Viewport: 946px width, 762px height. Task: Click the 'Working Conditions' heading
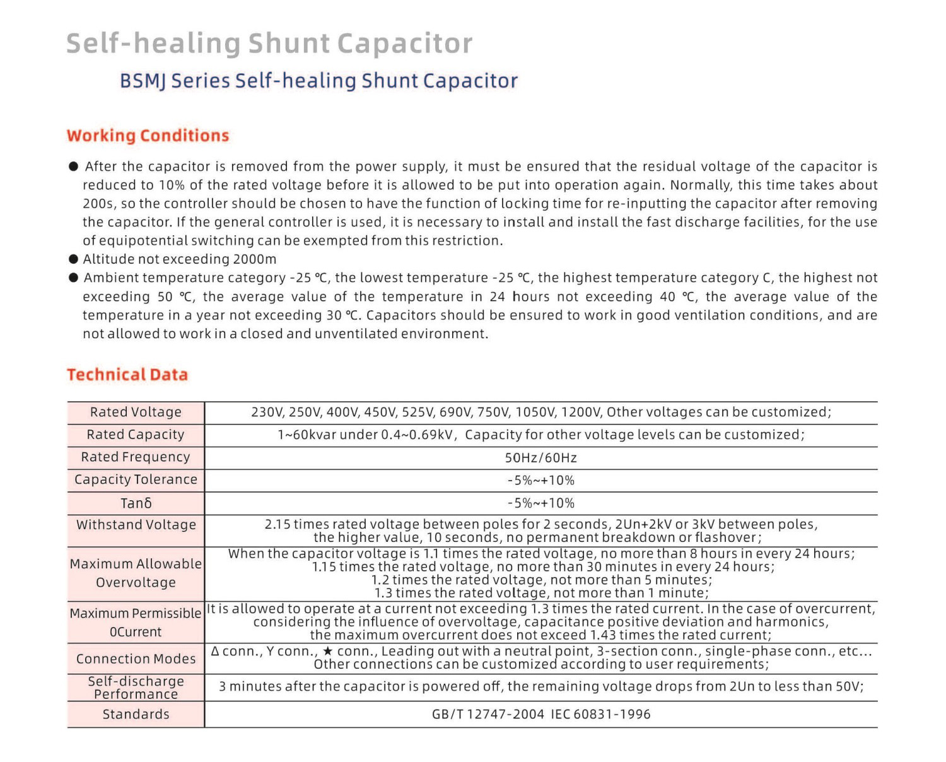tap(148, 136)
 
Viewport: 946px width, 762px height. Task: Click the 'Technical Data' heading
tap(127, 375)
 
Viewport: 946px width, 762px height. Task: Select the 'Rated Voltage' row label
tap(136, 412)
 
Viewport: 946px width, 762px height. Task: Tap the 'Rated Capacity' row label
tap(136, 435)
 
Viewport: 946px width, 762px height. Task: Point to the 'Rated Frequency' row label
tap(136, 457)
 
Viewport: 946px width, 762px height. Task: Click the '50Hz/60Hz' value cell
tap(540, 458)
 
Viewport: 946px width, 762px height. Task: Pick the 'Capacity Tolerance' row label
tap(136, 480)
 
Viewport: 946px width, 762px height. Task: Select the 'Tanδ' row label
tap(136, 503)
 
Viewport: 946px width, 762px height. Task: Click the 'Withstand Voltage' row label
tap(136, 525)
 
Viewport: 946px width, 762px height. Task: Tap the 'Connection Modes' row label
tap(136, 659)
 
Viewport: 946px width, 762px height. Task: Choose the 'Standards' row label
tap(136, 715)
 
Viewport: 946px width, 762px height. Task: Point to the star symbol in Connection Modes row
tap(327, 651)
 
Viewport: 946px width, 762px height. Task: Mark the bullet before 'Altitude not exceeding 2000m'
tap(74, 259)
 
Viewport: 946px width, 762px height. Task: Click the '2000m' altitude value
tap(255, 259)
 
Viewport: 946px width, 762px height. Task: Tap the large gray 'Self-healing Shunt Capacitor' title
tap(269, 44)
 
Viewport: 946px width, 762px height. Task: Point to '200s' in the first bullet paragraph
tap(95, 204)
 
